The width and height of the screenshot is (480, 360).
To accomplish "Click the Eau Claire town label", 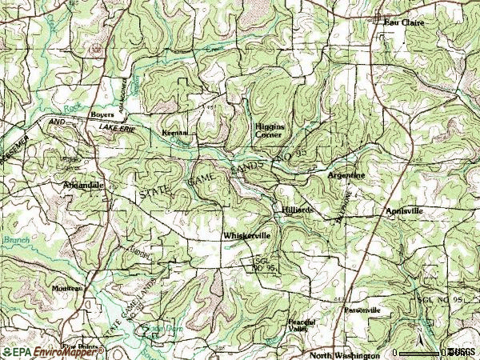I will [x=404, y=22].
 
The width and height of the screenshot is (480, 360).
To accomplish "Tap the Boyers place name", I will [x=102, y=114].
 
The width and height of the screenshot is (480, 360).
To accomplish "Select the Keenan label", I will [x=174, y=132].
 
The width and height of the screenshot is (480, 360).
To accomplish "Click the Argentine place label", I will [x=346, y=174].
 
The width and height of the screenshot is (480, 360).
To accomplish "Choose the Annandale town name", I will [x=84, y=185].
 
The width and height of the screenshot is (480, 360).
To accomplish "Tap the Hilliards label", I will [x=297, y=210].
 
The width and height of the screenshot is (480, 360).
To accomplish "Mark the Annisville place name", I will [x=404, y=210].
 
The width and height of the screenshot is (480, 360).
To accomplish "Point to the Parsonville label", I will [x=362, y=310].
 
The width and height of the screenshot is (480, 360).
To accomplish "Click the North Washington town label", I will [x=345, y=354].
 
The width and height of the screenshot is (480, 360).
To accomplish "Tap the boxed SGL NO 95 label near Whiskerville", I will [x=263, y=264].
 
